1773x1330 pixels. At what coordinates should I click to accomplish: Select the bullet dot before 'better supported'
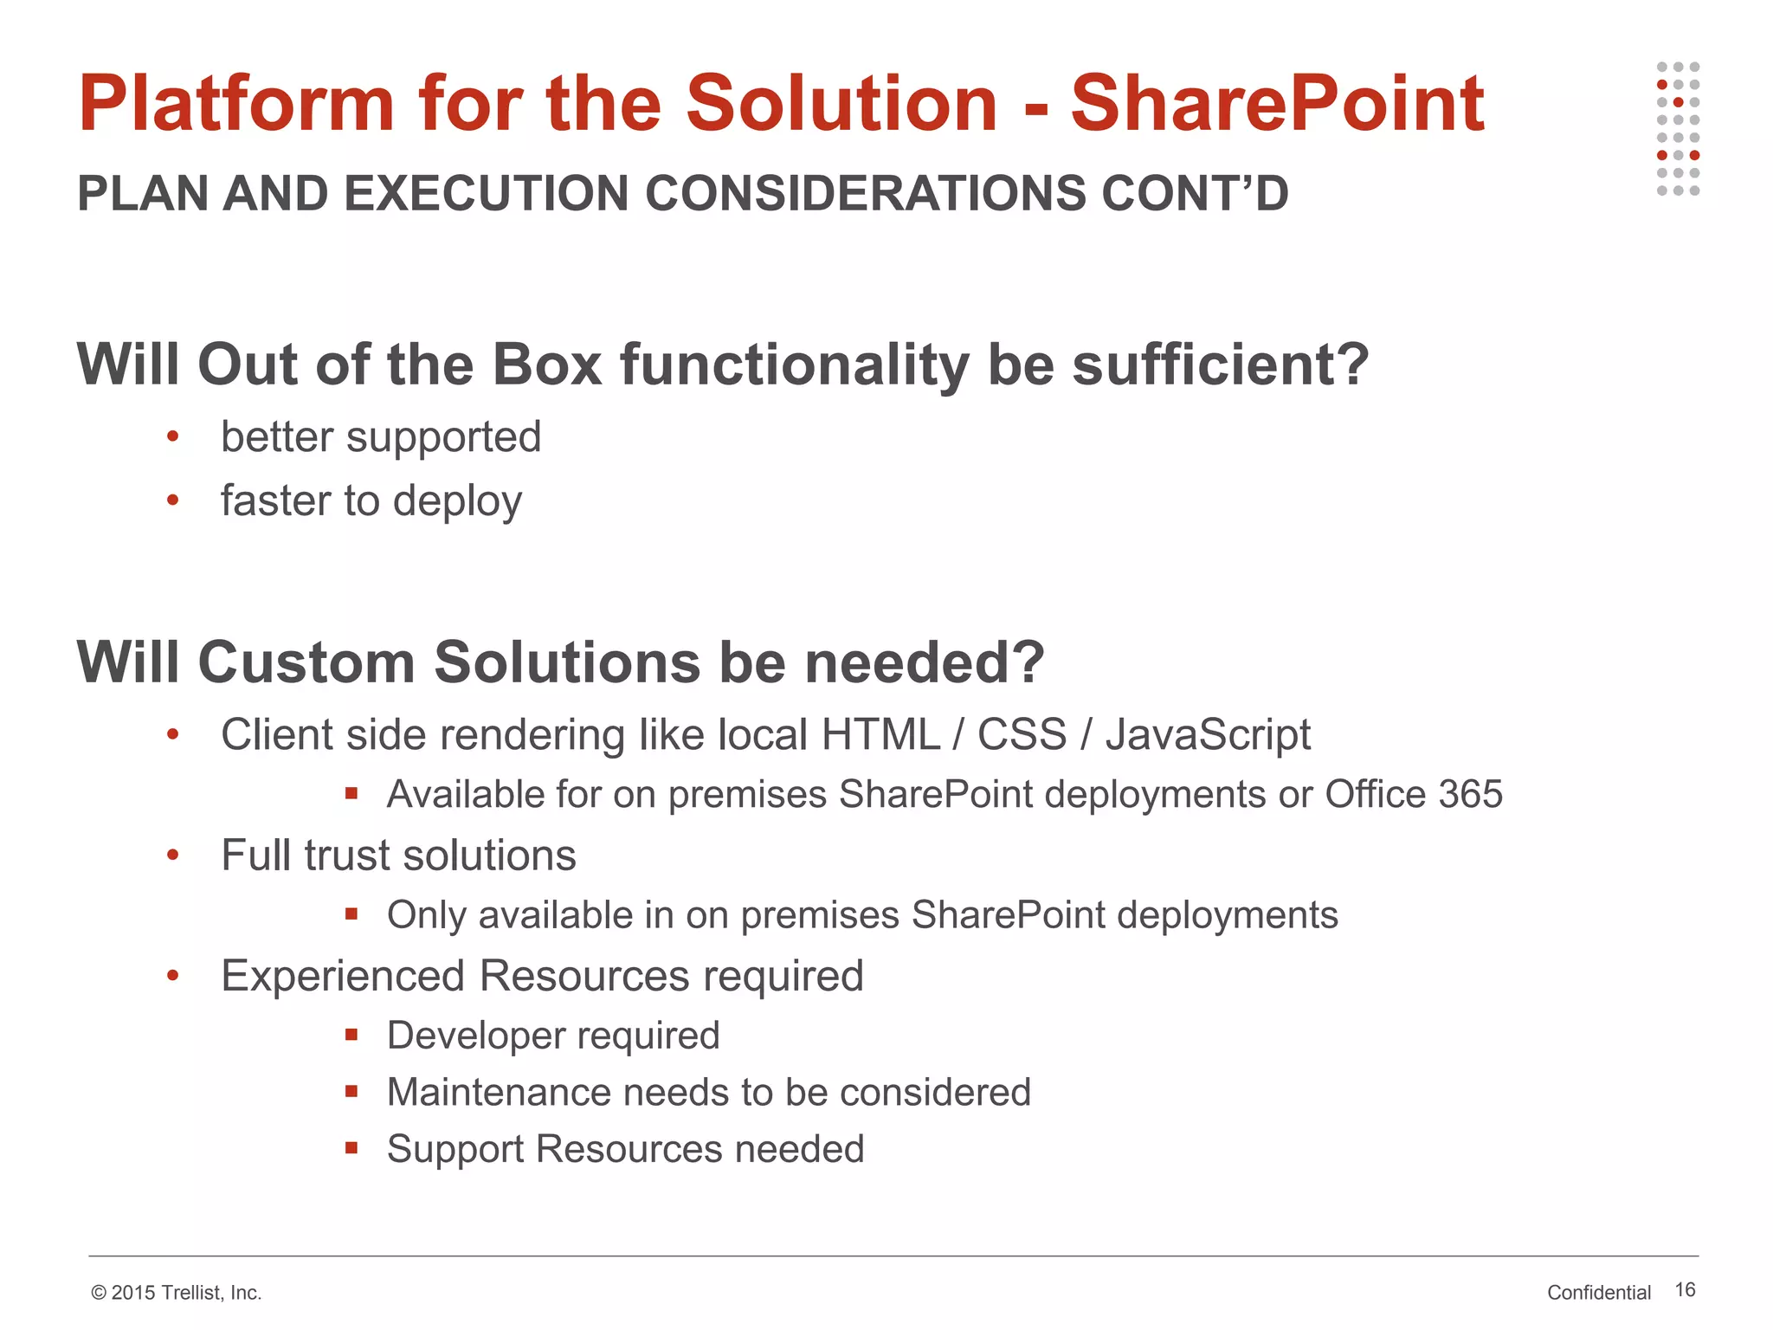(x=172, y=436)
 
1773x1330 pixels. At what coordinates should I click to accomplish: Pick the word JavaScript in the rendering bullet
(x=1208, y=735)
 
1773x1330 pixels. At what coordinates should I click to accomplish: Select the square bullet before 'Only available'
(x=351, y=914)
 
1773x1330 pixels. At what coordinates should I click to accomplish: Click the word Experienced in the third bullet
(x=343, y=976)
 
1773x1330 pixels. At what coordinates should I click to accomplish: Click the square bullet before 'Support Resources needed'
(x=351, y=1148)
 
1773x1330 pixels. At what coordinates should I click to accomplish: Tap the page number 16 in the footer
(x=1685, y=1290)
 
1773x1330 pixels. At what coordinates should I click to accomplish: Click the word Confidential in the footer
(x=1599, y=1293)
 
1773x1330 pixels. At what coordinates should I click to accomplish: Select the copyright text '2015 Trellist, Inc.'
(x=185, y=1293)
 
